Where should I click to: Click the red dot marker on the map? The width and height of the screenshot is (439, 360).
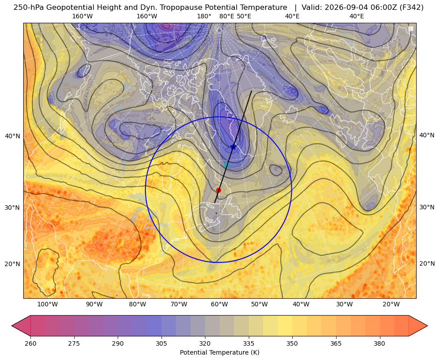tap(219, 190)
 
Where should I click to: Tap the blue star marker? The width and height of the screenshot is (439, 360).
tap(233, 147)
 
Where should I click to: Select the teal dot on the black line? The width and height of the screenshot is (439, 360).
tap(226, 165)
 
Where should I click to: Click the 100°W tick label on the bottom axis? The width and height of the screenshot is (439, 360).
tap(47, 304)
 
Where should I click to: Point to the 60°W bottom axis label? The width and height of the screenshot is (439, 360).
tap(219, 304)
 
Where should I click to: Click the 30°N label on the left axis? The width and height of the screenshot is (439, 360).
tap(13, 208)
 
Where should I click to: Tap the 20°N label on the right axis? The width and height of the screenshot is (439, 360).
tap(427, 263)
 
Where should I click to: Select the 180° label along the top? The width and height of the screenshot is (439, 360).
tap(204, 16)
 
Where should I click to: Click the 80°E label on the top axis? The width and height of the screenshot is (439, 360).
tap(227, 16)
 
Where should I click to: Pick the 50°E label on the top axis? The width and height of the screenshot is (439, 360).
tap(244, 16)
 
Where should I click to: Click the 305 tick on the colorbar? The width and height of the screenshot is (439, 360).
tap(161, 343)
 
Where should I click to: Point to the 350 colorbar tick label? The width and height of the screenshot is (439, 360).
tap(292, 343)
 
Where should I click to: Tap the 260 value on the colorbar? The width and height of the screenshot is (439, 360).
tap(30, 343)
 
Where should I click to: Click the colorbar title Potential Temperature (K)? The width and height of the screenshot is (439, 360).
tap(219, 352)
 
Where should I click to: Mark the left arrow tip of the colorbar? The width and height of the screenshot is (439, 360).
tap(12, 326)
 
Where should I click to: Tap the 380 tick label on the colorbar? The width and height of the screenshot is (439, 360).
tap(379, 343)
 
